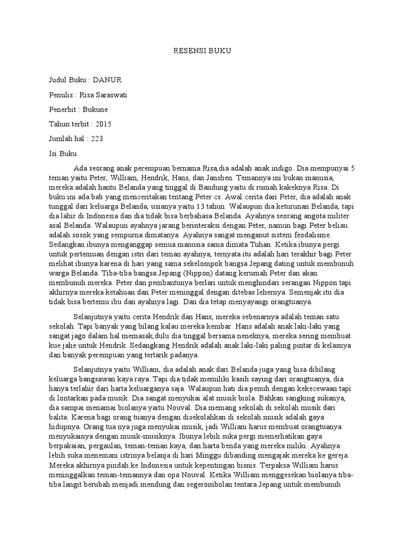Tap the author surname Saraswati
click(x=122, y=94)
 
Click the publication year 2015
click(x=104, y=124)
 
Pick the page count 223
click(x=97, y=139)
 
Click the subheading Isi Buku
click(x=63, y=153)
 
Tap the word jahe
click(x=70, y=346)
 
